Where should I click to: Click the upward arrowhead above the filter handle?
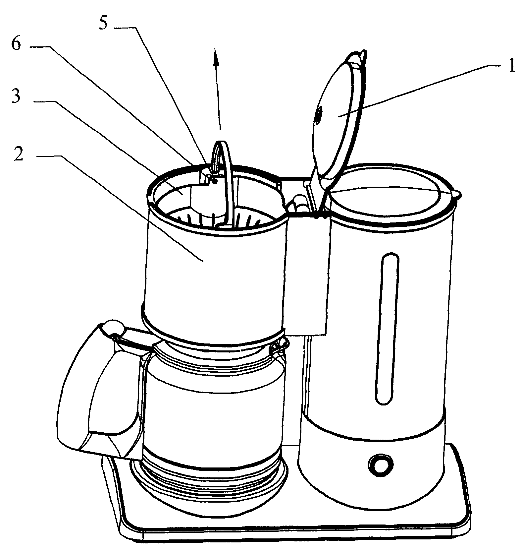[216, 60]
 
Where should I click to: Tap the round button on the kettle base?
[380, 464]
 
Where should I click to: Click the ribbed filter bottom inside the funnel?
[217, 219]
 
